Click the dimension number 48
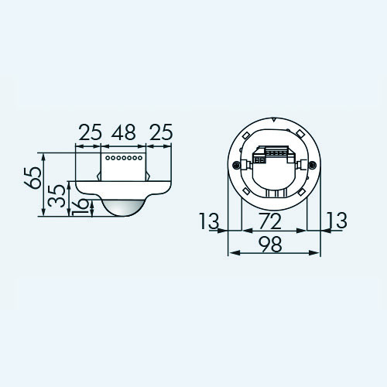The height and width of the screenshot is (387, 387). [124, 132]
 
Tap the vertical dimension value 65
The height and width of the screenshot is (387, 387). [33, 177]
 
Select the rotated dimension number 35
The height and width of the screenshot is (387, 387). [57, 196]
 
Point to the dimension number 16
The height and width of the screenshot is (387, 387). [80, 207]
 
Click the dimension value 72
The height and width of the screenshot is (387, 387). [270, 221]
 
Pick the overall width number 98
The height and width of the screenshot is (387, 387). [270, 245]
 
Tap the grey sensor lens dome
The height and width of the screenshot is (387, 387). [124, 207]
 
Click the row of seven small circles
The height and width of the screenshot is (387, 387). [124, 158]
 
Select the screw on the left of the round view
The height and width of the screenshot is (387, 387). [235, 165]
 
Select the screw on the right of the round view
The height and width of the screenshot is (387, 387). [312, 165]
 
